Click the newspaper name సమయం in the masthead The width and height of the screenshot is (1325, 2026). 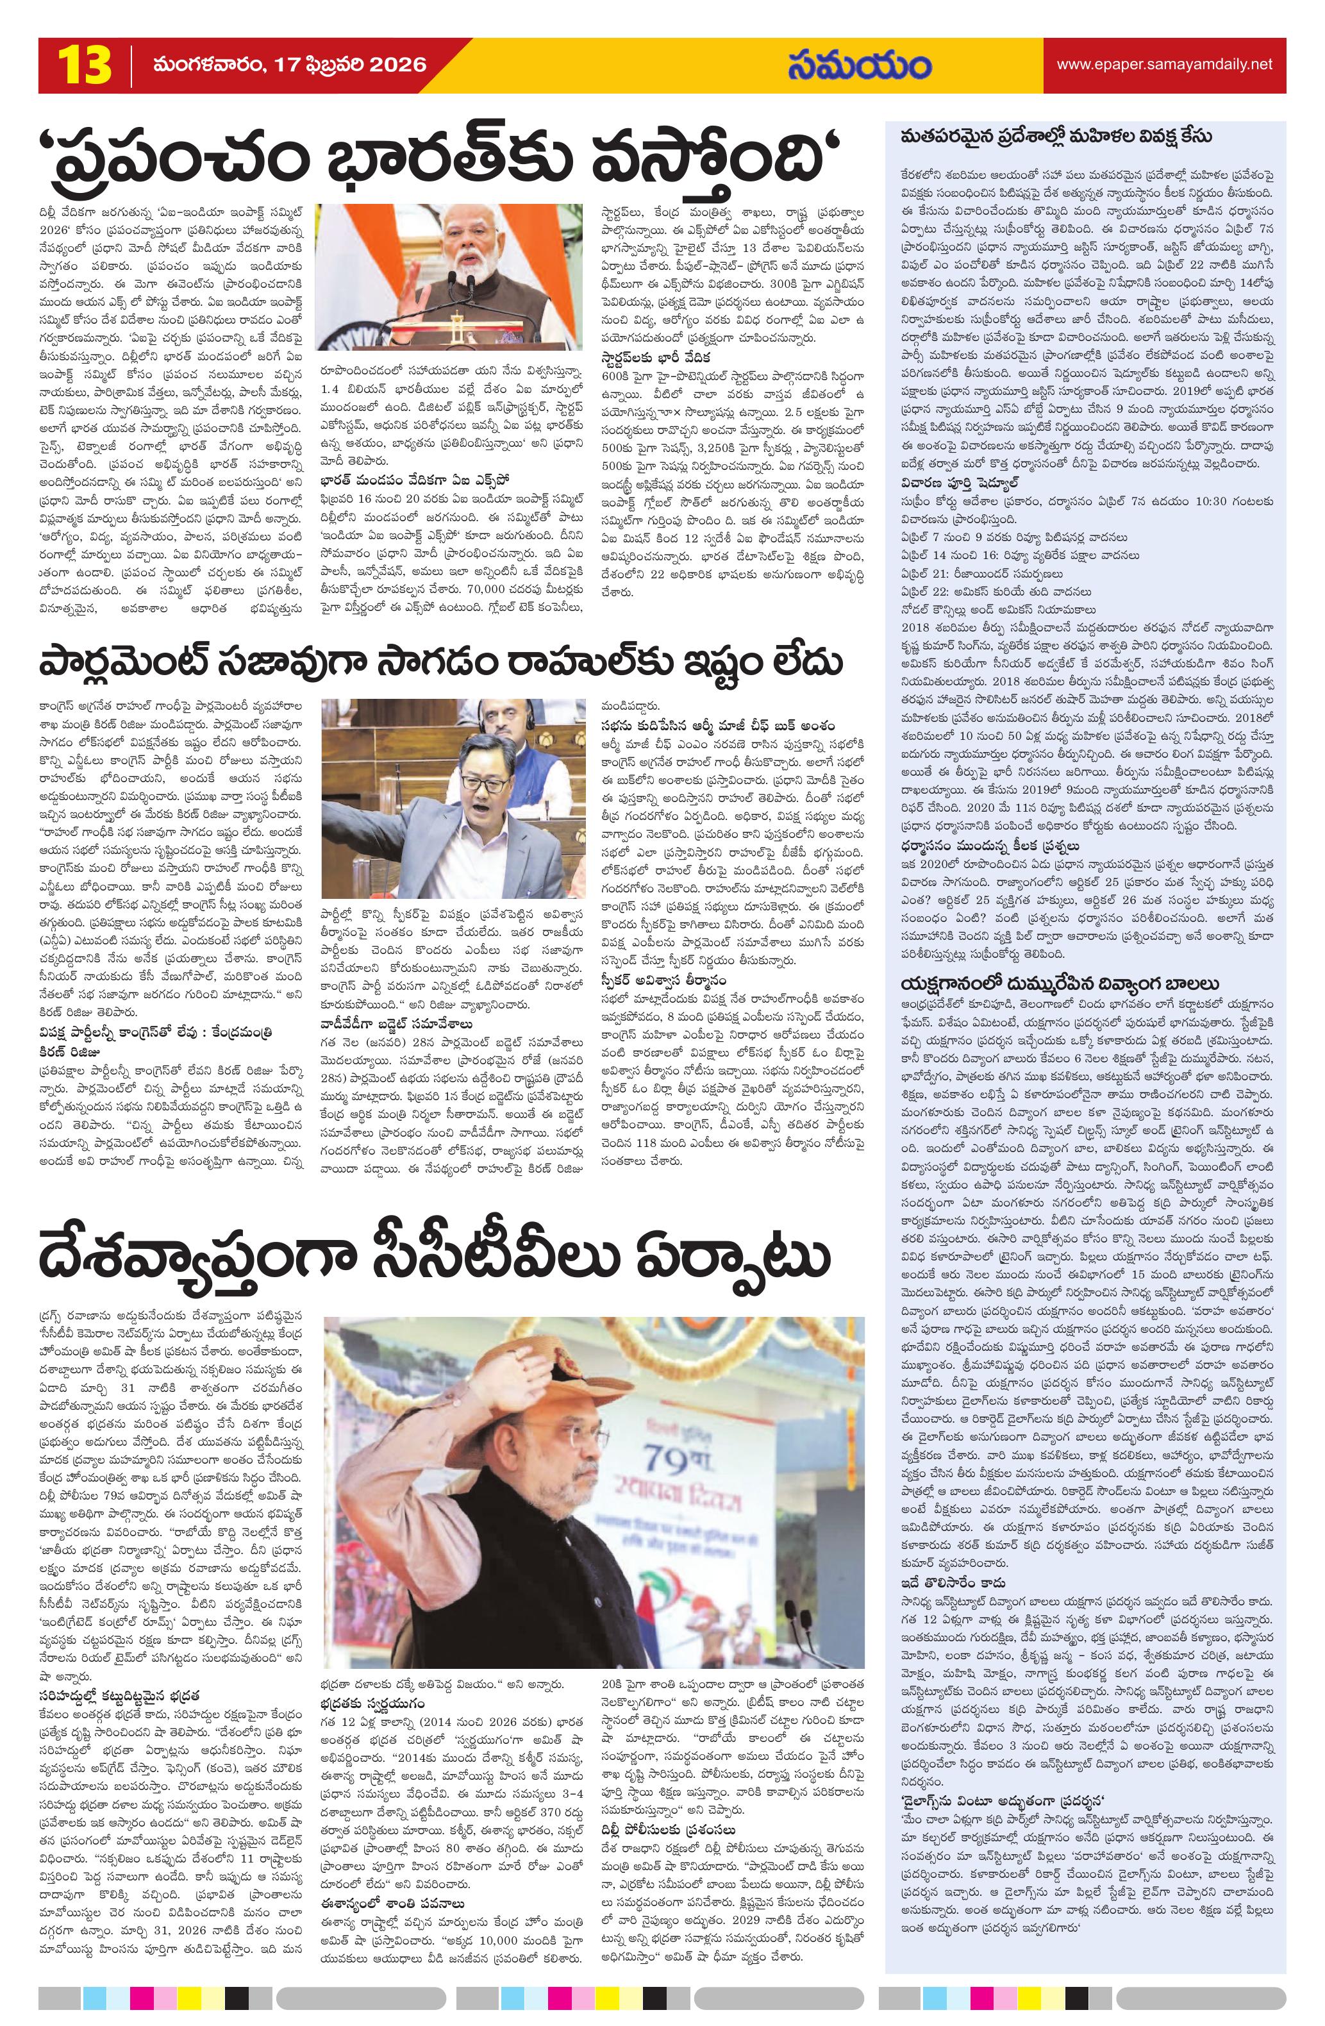point(859,65)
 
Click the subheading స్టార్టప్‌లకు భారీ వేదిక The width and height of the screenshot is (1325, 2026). point(654,356)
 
